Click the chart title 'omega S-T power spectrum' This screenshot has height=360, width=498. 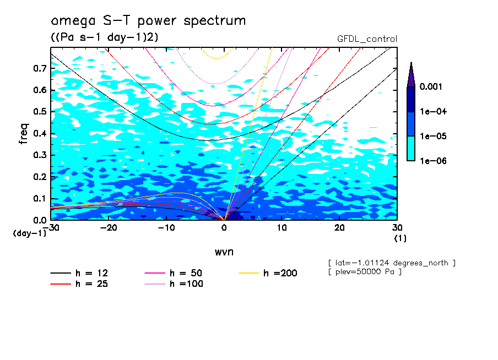click(148, 21)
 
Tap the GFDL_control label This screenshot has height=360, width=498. click(367, 39)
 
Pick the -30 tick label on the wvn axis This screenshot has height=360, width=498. click(51, 227)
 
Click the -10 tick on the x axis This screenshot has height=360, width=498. click(166, 227)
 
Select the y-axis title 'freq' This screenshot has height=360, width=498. click(24, 134)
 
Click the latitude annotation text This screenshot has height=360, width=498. click(391, 263)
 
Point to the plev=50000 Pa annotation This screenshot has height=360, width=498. click(364, 272)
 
